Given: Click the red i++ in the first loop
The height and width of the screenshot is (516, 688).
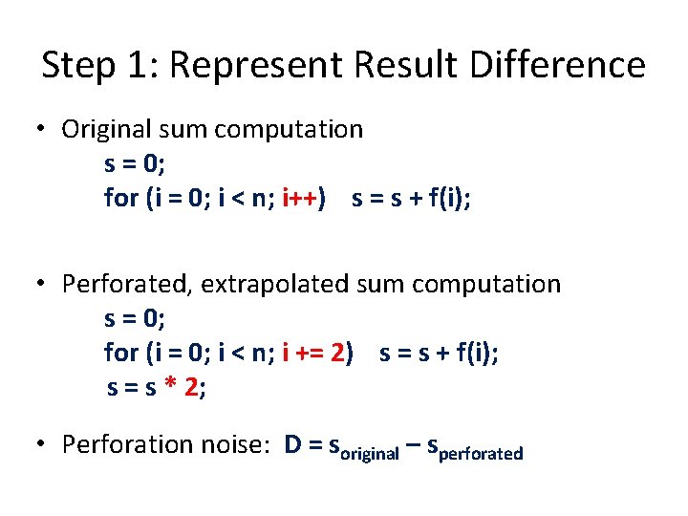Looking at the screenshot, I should point(302,198).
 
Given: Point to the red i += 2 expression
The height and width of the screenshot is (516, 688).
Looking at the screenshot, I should point(314,353).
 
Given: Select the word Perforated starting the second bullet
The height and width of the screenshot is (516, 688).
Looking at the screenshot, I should point(118,284).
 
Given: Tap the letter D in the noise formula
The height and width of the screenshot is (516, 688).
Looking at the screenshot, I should point(293,444).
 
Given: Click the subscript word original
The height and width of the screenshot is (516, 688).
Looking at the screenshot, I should point(370,453).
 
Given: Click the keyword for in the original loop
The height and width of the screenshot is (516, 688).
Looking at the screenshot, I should point(121,198).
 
